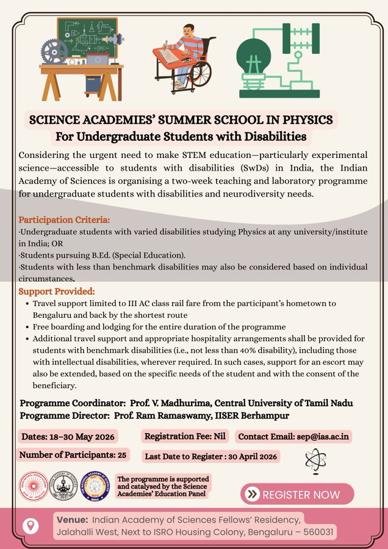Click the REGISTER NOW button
coord(297,494)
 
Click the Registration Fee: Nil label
coord(185,437)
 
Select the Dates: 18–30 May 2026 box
coord(68,437)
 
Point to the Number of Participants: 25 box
coord(73,455)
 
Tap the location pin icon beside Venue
coord(30,526)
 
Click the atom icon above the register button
coord(315,461)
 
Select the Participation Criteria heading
coord(64,220)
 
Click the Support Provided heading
coord(57,292)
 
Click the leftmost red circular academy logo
coord(34,486)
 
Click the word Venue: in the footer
coord(72,520)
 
